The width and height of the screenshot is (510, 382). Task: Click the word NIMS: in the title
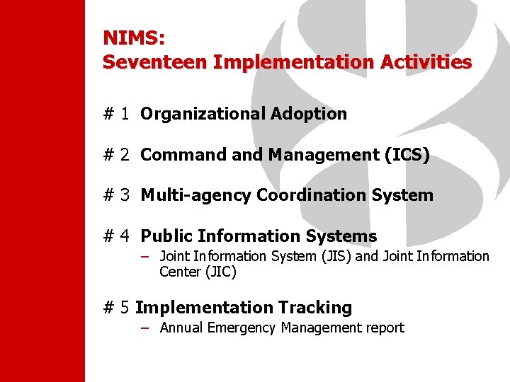point(133,37)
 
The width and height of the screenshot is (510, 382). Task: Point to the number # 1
point(116,114)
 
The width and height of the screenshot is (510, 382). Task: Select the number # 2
point(116,155)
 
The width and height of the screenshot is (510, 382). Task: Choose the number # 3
point(116,195)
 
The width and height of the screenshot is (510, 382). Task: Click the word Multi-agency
point(196,195)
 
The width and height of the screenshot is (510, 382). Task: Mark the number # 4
point(116,236)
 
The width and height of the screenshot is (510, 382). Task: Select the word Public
point(167,236)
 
